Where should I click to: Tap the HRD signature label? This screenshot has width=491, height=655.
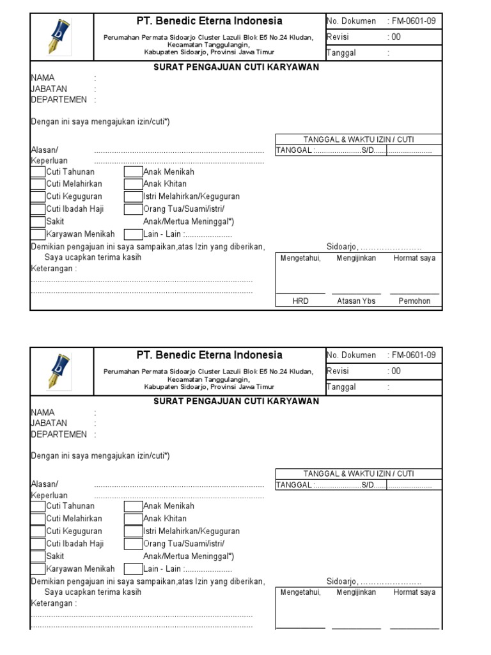(300, 301)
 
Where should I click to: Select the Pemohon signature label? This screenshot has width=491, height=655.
(414, 301)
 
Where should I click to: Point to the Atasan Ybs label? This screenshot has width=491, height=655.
(356, 301)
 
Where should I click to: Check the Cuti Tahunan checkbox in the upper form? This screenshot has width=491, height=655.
(38, 171)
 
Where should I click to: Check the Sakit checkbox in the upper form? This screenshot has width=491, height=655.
(38, 221)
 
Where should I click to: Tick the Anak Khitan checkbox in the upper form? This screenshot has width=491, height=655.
(133, 184)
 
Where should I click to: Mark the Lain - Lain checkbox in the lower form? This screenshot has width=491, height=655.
(133, 569)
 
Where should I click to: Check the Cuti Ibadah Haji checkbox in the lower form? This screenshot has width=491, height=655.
(38, 544)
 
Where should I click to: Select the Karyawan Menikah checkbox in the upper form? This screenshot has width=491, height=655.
(38, 234)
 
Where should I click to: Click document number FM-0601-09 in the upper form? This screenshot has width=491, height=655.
(414, 21)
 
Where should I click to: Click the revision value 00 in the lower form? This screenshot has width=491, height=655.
(396, 371)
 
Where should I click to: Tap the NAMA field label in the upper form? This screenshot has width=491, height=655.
(43, 78)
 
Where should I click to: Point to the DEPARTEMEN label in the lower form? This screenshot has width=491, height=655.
(59, 434)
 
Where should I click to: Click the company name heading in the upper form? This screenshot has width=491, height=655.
(209, 21)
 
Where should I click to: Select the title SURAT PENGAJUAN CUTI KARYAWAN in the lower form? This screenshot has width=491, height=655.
(236, 401)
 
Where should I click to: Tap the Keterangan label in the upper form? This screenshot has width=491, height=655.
(54, 269)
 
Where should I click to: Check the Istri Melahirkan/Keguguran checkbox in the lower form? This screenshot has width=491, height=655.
(133, 531)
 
